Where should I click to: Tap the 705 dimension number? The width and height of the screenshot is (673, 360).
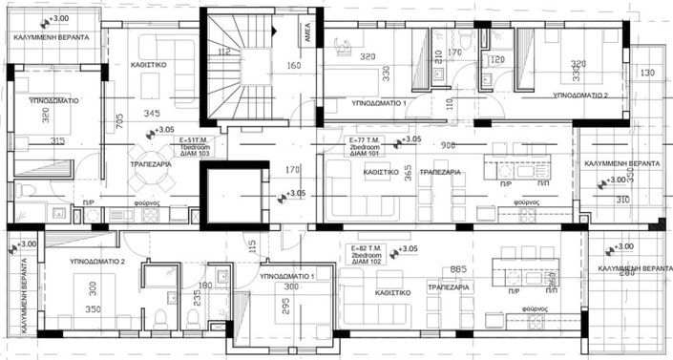coord(119,120)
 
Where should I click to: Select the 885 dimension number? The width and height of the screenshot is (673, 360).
coord(457,269)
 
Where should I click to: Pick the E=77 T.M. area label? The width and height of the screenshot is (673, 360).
coord(362,139)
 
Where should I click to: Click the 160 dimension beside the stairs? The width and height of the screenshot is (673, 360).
coord(293,66)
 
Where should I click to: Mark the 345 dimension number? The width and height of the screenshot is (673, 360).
coord(151,114)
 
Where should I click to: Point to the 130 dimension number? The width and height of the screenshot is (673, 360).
coord(648,73)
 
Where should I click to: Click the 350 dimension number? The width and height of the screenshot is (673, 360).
coord(94,309)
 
